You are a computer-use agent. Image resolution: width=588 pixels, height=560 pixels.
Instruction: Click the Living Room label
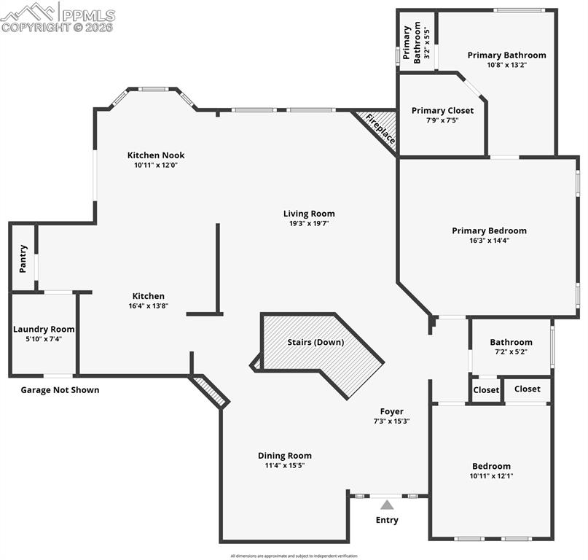[x=309, y=214]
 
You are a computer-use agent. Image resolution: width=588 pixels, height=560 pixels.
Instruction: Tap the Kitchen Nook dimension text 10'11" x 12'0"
[x=156, y=166]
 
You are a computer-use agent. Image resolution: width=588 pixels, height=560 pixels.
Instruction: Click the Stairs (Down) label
[x=315, y=342]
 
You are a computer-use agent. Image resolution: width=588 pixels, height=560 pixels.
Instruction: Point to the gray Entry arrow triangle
[x=387, y=504]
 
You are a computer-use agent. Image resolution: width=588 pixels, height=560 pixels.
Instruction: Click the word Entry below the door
[x=387, y=520]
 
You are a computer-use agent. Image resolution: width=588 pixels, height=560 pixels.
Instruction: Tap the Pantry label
[x=23, y=259]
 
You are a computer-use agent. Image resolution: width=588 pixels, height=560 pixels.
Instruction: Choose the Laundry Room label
[x=44, y=330]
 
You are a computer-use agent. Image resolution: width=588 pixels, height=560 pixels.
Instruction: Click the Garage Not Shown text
[x=60, y=390]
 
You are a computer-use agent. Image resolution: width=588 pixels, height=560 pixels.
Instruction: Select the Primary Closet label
[x=442, y=111]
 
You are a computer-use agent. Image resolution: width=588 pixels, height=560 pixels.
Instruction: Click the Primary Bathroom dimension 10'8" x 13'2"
[x=506, y=65]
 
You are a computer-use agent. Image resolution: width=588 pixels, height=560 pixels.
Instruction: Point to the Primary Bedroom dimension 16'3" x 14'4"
[x=489, y=241]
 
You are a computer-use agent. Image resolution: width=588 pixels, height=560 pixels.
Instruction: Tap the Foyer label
[x=391, y=411]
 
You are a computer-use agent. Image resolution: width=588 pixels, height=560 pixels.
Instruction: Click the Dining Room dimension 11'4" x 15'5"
[x=284, y=465]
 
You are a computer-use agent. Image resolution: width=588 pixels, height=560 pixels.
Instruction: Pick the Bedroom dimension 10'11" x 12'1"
[x=491, y=476]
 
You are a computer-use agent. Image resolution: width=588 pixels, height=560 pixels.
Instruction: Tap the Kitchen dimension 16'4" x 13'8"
[x=148, y=306]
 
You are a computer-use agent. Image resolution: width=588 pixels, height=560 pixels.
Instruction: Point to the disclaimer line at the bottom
[x=294, y=556]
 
